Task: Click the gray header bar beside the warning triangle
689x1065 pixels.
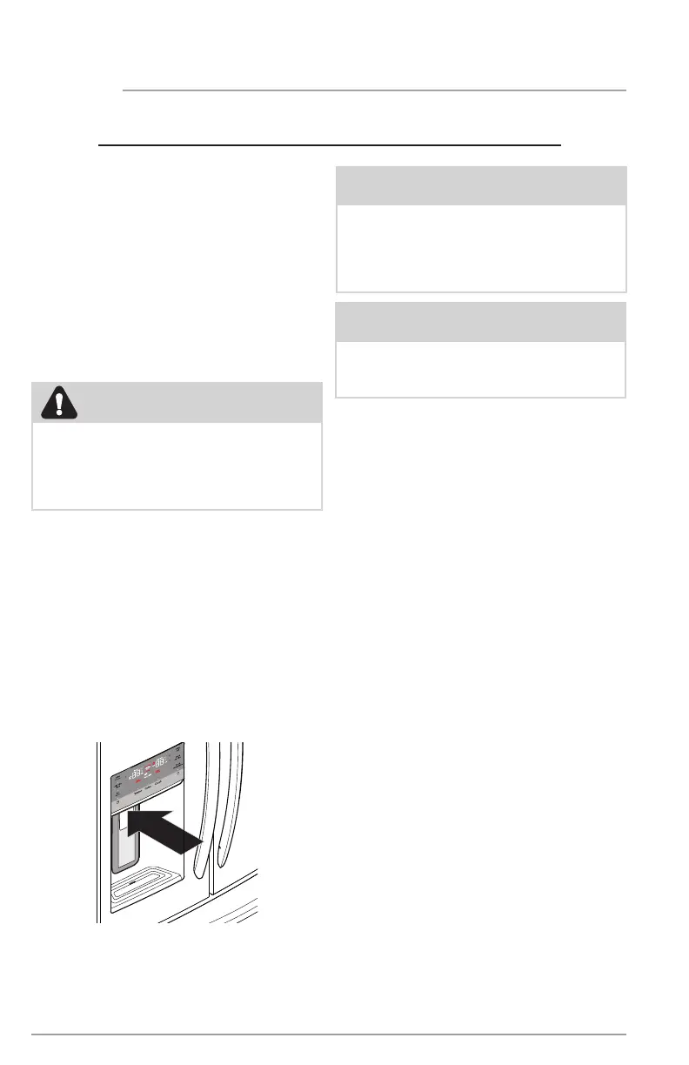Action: click(200, 402)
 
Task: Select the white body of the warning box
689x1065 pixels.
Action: click(177, 465)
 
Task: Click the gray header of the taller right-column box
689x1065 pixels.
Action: click(481, 185)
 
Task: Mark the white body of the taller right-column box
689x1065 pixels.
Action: click(481, 247)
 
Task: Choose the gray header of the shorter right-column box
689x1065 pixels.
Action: click(481, 321)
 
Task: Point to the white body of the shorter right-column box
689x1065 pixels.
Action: click(481, 369)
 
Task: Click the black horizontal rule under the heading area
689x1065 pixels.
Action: click(331, 144)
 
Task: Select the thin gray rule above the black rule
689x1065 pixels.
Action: click(374, 90)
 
